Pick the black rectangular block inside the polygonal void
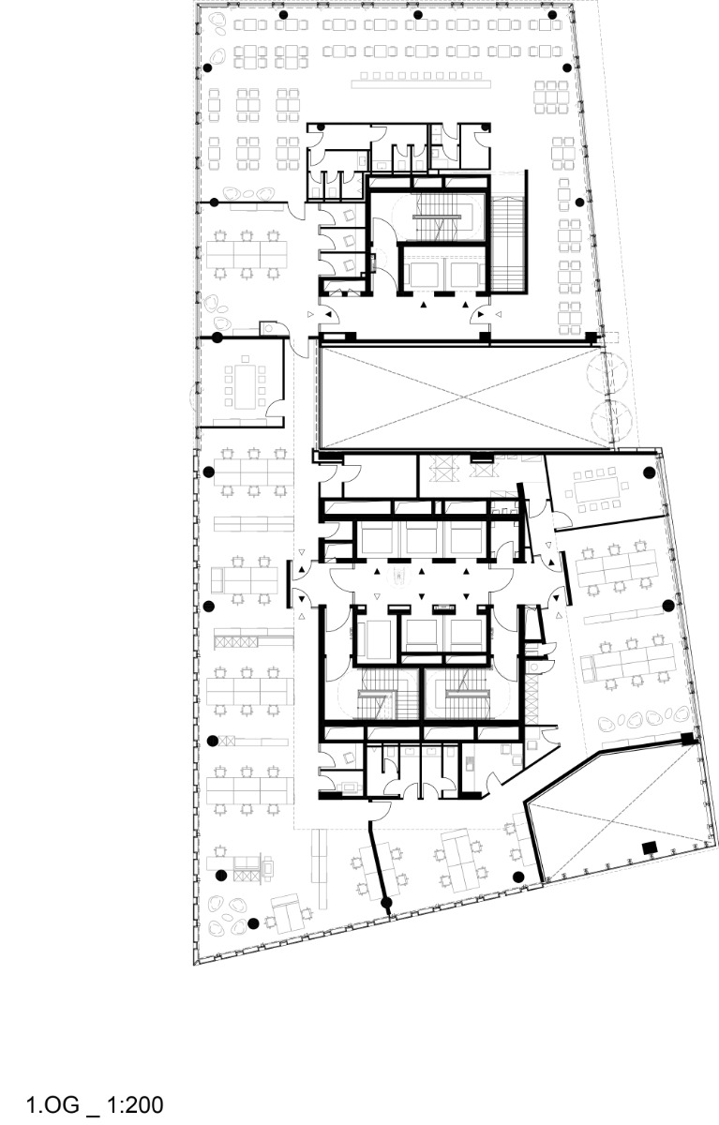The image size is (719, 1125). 647,847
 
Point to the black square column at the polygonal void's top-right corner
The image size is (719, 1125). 687,740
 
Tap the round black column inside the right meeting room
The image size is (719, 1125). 648,472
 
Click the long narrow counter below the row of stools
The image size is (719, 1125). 413,83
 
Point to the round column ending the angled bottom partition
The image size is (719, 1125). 386,905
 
